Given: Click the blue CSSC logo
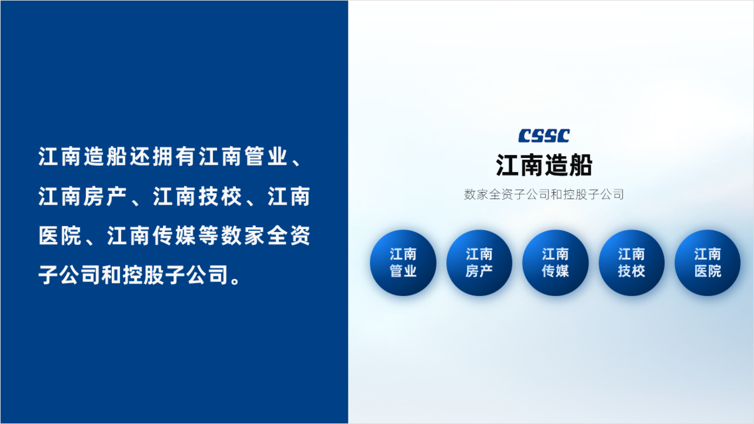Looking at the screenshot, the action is [544, 135].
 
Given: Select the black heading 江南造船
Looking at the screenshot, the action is [544, 165].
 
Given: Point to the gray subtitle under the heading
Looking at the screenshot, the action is [544, 194].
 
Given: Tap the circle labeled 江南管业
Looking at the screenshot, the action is [403, 262].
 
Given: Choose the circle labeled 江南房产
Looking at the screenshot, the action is [479, 262].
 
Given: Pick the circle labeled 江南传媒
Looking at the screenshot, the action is [555, 262].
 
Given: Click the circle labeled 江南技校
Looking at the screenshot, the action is [631, 262].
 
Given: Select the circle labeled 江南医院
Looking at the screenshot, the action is [708, 262].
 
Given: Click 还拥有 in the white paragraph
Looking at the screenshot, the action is [162, 156].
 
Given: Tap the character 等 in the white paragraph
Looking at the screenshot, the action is [209, 235].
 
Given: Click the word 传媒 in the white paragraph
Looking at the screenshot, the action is [174, 235].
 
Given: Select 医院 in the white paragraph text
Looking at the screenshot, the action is [60, 235].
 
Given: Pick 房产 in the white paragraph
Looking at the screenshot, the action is [105, 196].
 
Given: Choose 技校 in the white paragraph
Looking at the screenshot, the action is [220, 196].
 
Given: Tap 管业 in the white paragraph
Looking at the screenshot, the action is [266, 156].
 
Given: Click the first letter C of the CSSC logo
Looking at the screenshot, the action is [525, 135].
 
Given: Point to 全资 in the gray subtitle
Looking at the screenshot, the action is [501, 194].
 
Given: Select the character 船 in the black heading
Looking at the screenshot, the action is [580, 165].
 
